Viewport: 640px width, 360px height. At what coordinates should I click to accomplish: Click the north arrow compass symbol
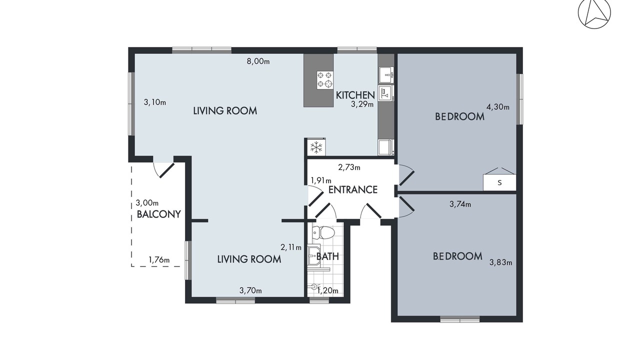[x=594, y=13]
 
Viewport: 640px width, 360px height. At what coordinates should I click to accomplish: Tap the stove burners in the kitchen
[x=325, y=79]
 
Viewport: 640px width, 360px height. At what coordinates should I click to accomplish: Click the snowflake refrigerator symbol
[x=316, y=147]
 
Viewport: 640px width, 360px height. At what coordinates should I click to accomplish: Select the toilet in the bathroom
[x=323, y=232]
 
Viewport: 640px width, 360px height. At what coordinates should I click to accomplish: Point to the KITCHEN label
[x=355, y=95]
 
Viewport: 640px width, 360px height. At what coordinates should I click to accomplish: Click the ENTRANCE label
[x=353, y=189]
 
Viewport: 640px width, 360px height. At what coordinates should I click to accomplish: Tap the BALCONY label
[x=159, y=214]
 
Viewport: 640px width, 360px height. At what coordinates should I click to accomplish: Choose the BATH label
[x=327, y=256]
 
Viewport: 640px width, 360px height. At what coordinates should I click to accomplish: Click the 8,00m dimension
[x=258, y=61]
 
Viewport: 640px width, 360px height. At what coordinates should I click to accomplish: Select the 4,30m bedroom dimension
[x=498, y=107]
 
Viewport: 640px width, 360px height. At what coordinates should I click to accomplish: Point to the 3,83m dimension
[x=501, y=262]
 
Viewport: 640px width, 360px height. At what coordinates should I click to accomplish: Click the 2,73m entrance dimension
[x=349, y=167]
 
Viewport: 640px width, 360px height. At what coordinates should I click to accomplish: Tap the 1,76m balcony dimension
[x=159, y=259]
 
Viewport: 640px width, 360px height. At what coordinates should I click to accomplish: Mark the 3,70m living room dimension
[x=250, y=290]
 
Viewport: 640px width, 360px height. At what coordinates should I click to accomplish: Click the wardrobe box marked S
[x=499, y=182]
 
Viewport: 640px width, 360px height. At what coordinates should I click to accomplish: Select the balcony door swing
[x=163, y=170]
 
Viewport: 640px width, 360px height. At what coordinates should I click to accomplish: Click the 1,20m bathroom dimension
[x=328, y=290]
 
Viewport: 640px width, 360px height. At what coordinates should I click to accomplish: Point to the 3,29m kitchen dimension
[x=362, y=104]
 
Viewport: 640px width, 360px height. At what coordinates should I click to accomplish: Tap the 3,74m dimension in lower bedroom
[x=460, y=204]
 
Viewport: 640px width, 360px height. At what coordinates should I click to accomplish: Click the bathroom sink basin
[x=314, y=254]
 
